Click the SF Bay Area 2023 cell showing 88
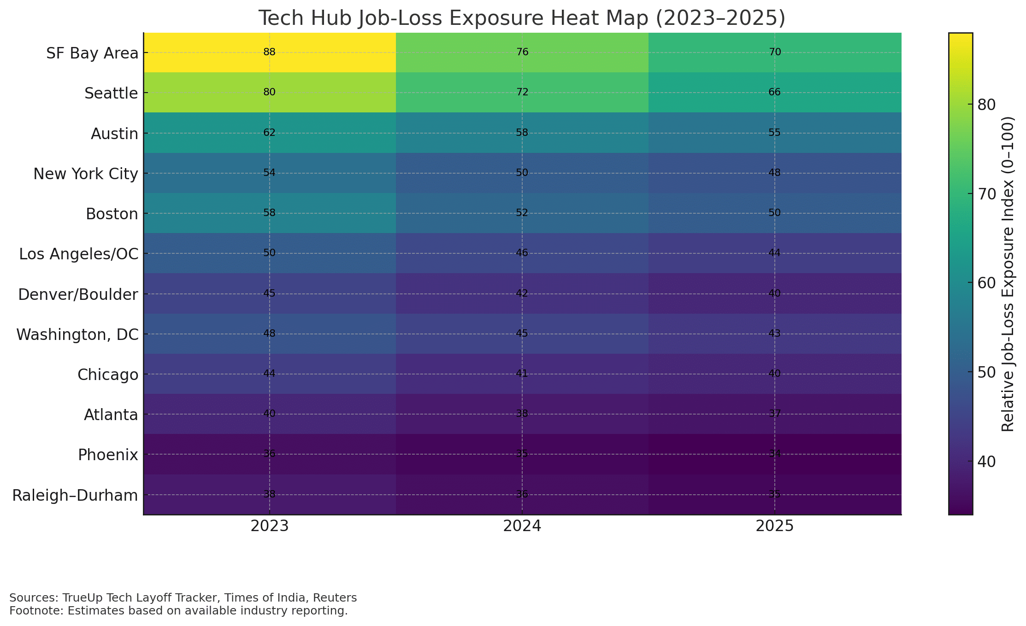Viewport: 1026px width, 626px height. (x=269, y=52)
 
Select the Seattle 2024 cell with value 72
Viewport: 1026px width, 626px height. (x=522, y=92)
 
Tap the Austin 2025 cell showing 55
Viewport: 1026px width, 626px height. (x=774, y=133)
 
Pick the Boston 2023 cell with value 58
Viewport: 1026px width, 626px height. (x=269, y=213)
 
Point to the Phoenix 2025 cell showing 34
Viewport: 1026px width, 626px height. (x=774, y=454)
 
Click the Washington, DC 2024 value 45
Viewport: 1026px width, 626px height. (x=522, y=333)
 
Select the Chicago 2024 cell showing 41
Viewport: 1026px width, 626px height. (x=522, y=374)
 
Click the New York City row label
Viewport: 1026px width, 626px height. (x=86, y=174)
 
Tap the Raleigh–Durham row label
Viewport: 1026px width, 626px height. (x=75, y=496)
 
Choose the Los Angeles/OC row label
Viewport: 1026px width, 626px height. (x=78, y=254)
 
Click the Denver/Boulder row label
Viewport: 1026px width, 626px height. (x=78, y=294)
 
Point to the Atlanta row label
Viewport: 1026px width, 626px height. (x=111, y=415)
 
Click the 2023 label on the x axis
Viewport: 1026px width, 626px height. (x=269, y=526)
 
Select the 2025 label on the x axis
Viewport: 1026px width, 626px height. (x=774, y=526)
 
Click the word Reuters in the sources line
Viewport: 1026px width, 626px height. (x=335, y=598)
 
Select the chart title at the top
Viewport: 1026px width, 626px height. (x=522, y=18)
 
